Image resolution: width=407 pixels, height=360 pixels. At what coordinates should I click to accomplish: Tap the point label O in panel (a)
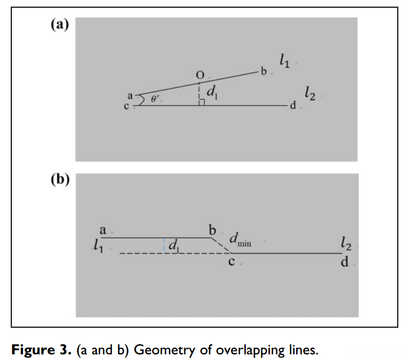coord(200,75)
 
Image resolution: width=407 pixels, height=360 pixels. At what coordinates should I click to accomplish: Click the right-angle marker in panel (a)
coord(202,103)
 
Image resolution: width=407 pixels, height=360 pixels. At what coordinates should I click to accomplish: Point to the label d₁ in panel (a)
coord(211,92)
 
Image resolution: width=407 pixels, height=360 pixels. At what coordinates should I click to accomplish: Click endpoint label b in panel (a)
coord(264,72)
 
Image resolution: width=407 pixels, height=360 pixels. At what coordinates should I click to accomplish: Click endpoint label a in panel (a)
coord(130,96)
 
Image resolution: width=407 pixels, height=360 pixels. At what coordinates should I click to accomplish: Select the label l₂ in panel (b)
coord(345,245)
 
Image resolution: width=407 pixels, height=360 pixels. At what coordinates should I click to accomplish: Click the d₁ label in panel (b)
coord(173,247)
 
